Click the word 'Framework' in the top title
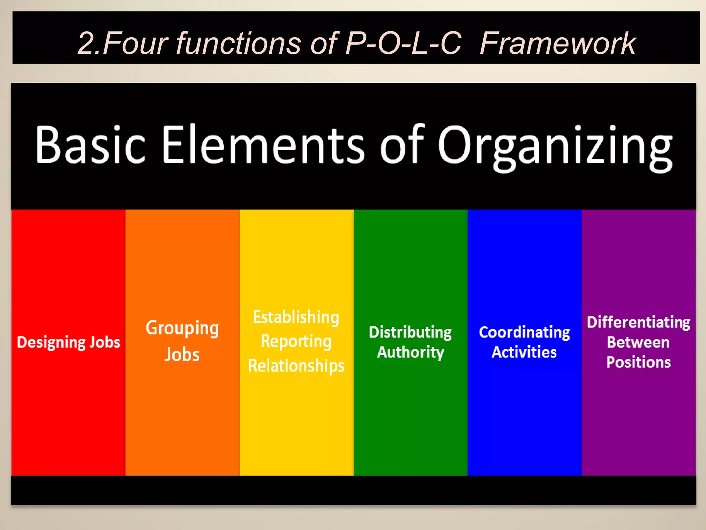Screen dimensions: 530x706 click(x=557, y=43)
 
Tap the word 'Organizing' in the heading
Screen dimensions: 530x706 click(x=555, y=147)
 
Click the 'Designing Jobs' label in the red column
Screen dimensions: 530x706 click(x=69, y=342)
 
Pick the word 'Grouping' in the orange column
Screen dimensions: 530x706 click(x=182, y=328)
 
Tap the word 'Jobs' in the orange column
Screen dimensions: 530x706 click(x=182, y=354)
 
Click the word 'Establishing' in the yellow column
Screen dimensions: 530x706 click(x=296, y=317)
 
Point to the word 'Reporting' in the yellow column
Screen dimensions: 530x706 click(x=296, y=342)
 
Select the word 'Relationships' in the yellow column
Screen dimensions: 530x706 click(x=296, y=366)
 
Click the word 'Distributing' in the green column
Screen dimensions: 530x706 click(x=410, y=333)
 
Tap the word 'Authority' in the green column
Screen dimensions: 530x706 click(x=410, y=352)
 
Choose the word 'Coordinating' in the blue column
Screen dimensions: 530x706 click(x=524, y=333)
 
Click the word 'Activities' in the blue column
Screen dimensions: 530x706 click(x=524, y=352)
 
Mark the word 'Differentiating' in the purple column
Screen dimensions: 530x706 click(x=638, y=323)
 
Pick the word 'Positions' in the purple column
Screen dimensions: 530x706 click(x=638, y=362)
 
